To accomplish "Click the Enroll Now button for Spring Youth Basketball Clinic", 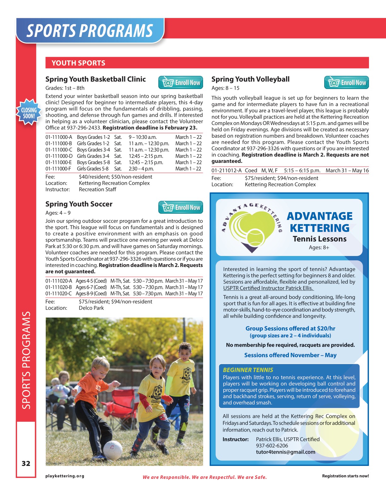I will [180, 83].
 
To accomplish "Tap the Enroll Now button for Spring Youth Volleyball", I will [346, 83].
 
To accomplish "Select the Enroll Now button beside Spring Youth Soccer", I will [180, 207].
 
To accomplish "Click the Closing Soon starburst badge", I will [29, 112].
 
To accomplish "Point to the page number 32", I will [26, 463].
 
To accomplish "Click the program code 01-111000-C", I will [59, 150].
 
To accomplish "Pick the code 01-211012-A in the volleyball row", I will [226, 170].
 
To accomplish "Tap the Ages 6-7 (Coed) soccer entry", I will [91, 287].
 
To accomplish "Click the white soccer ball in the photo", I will [112, 449].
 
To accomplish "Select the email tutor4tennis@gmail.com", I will [285, 452].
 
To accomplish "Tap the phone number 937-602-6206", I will [272, 445].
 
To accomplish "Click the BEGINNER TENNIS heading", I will [248, 370].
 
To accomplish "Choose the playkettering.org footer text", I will [65, 476].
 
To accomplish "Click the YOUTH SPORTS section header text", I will [79, 63].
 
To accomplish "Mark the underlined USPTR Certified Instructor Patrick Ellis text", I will [268, 288].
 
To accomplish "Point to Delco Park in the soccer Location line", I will [91, 308].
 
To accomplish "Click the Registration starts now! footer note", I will [345, 476].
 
